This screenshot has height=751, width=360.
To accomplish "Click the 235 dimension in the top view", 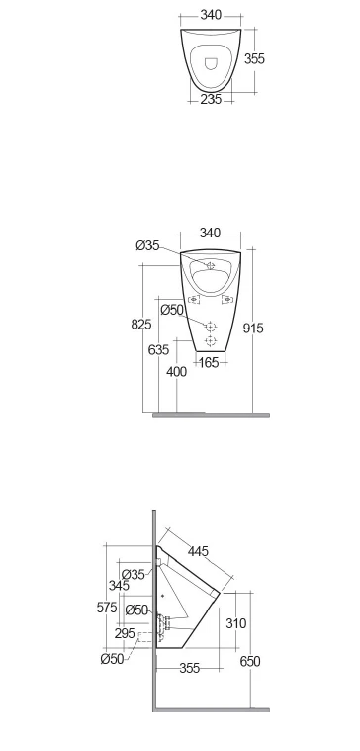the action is [x=211, y=99].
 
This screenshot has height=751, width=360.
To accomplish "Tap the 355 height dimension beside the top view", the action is [x=254, y=58].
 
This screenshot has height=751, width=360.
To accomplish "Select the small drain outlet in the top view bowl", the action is [x=211, y=63].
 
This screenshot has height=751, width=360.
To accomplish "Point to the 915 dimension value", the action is [x=253, y=329].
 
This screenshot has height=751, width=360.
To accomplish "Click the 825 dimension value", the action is [x=141, y=325].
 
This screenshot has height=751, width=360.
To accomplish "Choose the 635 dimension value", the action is [x=158, y=350].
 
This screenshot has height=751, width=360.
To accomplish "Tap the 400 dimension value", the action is [x=177, y=371].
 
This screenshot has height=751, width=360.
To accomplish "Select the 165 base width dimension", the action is [x=209, y=362].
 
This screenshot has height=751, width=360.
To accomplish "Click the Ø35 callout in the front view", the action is [x=147, y=245].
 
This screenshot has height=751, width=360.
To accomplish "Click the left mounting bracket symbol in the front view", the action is [x=194, y=300].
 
